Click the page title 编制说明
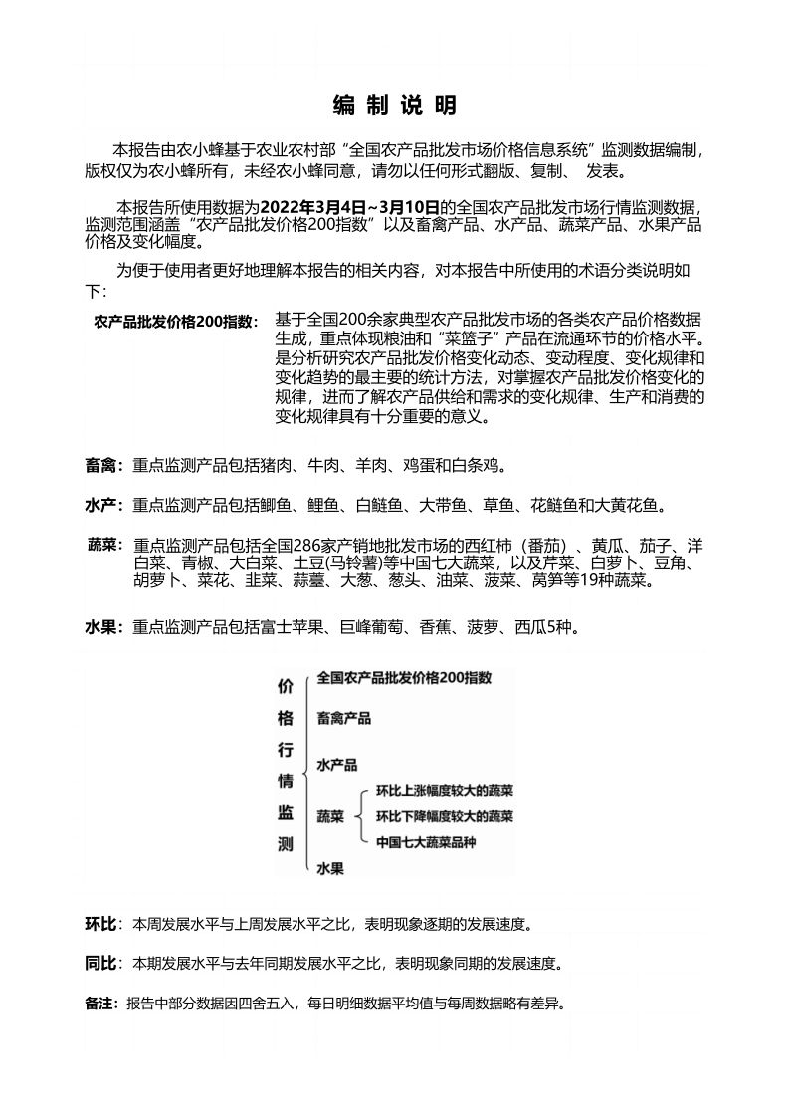[394, 106]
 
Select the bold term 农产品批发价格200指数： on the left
[175, 322]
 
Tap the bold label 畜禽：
[104, 465]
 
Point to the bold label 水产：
[104, 507]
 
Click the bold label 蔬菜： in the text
[104, 546]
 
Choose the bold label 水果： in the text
[104, 628]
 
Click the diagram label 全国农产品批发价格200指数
[404, 678]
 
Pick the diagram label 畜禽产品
[343, 717]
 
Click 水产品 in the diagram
[336, 765]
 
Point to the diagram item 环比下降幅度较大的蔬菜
[445, 816]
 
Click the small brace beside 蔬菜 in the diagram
[360, 817]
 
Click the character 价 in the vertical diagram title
[286, 686]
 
